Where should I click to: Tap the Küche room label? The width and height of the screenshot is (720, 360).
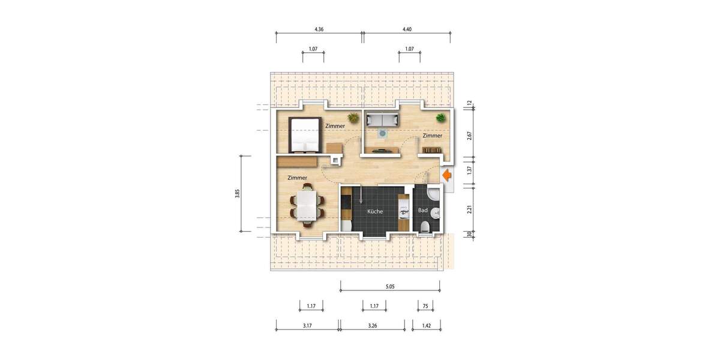[375, 212]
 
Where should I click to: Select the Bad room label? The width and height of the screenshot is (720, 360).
[422, 211]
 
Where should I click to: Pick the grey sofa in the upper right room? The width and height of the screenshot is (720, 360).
[382, 120]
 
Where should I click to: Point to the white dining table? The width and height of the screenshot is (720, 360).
[307, 206]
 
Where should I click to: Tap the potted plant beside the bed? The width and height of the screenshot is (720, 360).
[353, 118]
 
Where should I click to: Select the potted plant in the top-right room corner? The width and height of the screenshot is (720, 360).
[441, 118]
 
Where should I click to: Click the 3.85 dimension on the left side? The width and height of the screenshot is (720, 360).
[238, 193]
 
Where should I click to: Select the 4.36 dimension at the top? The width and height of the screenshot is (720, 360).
[319, 29]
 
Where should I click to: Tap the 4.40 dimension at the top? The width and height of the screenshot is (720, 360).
[407, 29]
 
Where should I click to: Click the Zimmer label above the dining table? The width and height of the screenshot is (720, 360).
[297, 178]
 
